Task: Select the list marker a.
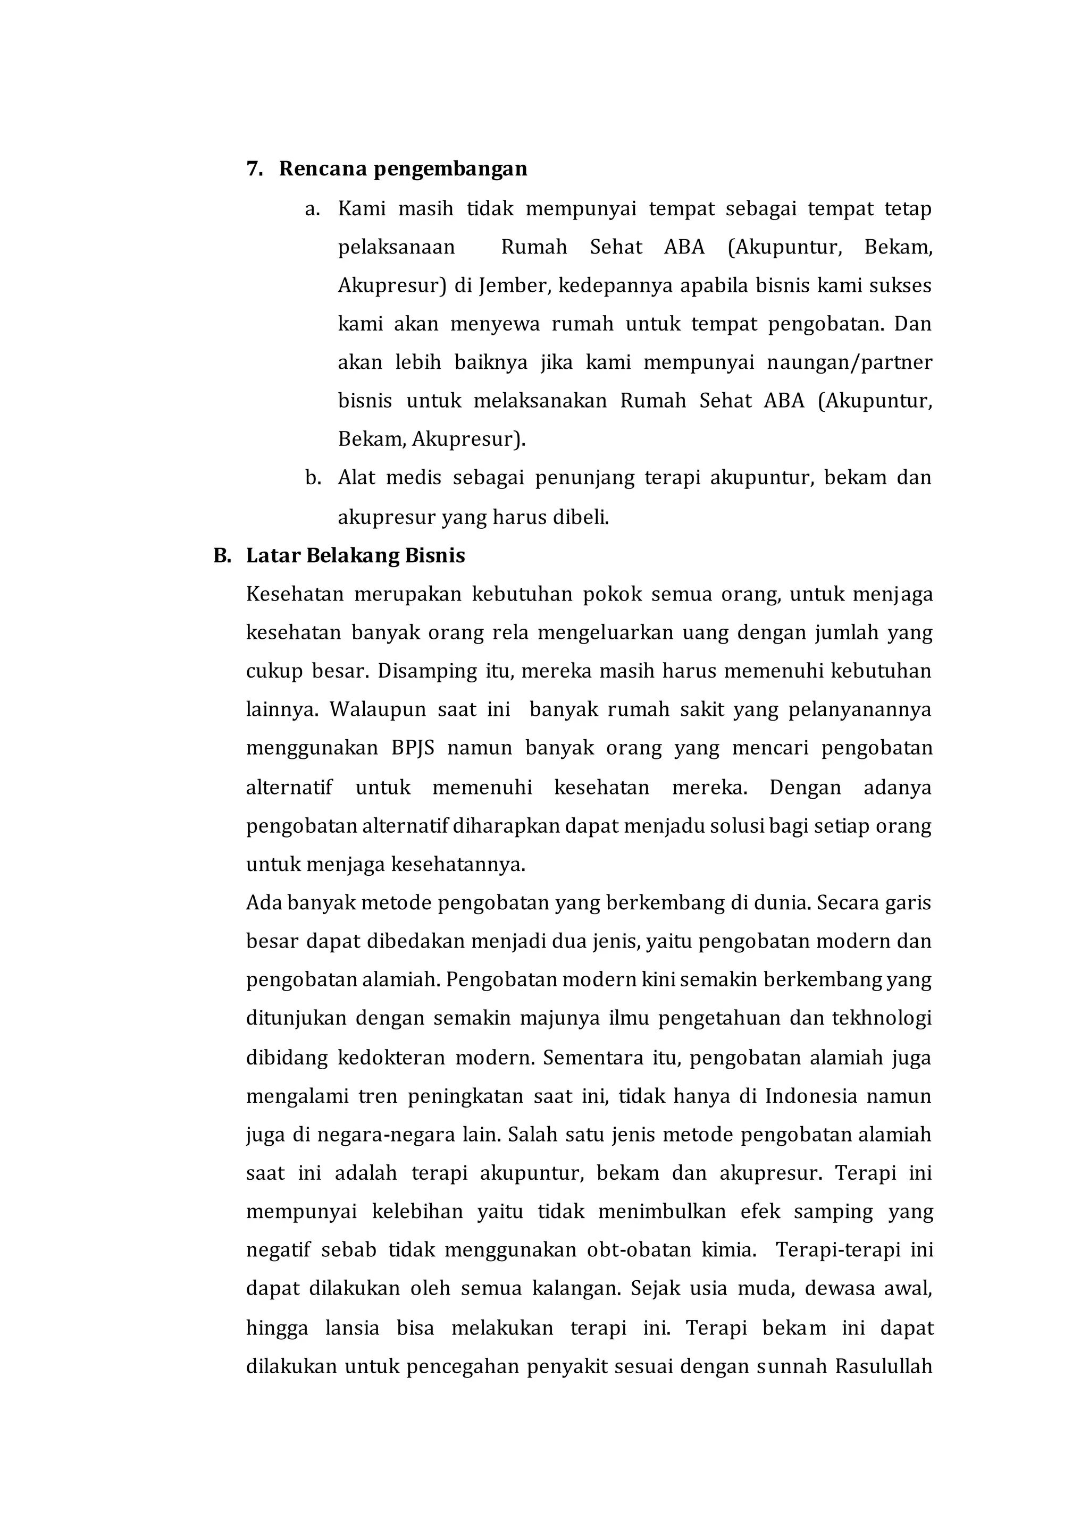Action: (x=311, y=209)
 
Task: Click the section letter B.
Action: (x=221, y=556)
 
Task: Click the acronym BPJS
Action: (x=413, y=748)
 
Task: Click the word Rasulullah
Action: (x=884, y=1367)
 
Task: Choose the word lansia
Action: (x=352, y=1329)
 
